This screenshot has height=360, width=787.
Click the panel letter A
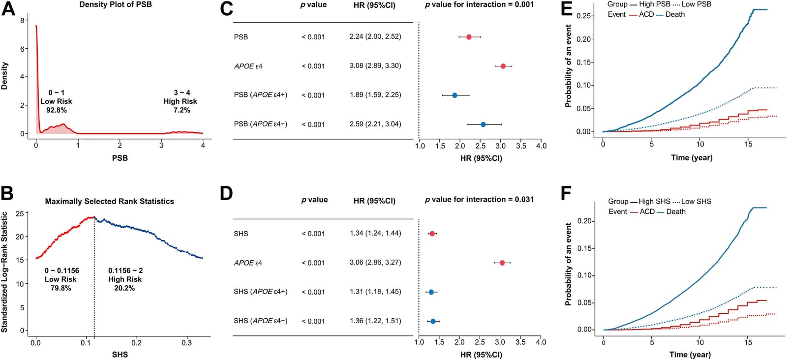(x=8, y=8)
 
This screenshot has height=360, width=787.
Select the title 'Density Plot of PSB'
(x=116, y=4)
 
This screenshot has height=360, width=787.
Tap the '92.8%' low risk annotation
(x=57, y=110)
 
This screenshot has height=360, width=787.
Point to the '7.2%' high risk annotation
(x=182, y=110)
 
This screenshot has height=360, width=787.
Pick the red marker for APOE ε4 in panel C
(x=503, y=66)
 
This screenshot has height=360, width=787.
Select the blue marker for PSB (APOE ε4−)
(x=483, y=124)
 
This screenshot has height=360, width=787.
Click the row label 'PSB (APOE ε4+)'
(x=261, y=95)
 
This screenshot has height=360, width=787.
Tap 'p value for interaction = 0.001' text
(x=479, y=4)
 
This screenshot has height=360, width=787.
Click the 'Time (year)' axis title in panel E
(x=692, y=158)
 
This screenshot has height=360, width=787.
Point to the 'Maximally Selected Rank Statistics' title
(x=109, y=201)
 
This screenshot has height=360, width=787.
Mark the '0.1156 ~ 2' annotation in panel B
(x=125, y=270)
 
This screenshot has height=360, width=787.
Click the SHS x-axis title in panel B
(x=120, y=355)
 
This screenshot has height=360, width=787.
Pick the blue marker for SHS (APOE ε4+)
(x=431, y=292)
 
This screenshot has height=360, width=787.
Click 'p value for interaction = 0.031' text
(x=479, y=200)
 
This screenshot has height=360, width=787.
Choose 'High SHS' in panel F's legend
(x=655, y=202)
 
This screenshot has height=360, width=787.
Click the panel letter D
(x=227, y=193)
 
